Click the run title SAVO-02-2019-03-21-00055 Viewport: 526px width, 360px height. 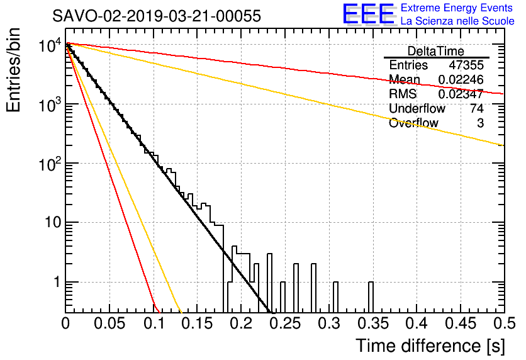point(156,16)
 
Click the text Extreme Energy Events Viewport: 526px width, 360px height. point(457,8)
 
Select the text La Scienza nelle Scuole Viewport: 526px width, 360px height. point(457,21)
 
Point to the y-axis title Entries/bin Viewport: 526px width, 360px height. point(13,70)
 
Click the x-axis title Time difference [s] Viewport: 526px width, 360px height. point(430,346)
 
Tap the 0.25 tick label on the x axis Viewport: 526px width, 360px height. point(285,323)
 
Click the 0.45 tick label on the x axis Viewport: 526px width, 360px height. point(461,323)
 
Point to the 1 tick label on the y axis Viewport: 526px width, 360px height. point(57,282)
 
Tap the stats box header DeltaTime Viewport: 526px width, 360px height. point(436,51)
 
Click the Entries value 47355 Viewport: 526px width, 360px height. point(466,65)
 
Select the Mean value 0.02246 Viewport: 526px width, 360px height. point(461,79)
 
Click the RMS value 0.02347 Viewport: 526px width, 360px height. point(461,94)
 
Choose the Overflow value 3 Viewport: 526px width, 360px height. point(480,123)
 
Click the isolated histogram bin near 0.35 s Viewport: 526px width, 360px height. point(371,297)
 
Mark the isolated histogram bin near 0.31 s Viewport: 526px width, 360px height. point(336,297)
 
